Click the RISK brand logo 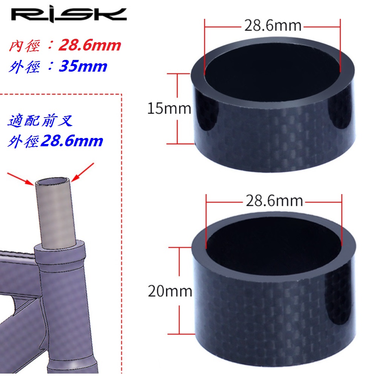click(x=69, y=15)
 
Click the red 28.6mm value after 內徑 click(x=90, y=45)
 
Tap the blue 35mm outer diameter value click(x=83, y=66)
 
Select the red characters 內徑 click(x=24, y=46)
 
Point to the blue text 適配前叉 click(x=40, y=120)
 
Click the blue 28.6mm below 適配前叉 click(x=72, y=141)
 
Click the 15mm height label click(x=169, y=109)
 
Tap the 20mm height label click(x=170, y=291)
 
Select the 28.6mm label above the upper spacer click(x=273, y=26)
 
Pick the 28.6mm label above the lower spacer click(x=274, y=201)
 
